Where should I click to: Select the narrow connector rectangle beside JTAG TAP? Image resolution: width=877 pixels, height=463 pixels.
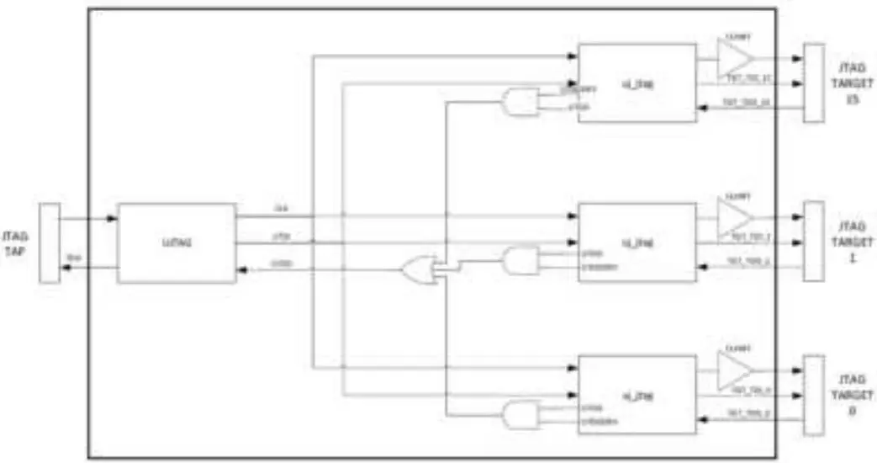(50, 243)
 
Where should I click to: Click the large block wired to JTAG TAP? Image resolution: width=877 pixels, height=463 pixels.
(176, 242)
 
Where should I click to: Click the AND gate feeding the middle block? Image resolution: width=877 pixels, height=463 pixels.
(520, 261)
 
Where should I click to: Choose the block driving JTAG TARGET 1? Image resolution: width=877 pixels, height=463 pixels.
(637, 242)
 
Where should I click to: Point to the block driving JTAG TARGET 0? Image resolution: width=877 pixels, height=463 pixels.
(637, 394)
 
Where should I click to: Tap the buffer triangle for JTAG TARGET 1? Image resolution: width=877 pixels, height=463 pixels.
(735, 216)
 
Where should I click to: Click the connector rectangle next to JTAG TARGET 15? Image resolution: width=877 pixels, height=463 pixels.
(813, 83)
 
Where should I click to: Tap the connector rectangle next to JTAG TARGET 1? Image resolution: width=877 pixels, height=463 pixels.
(813, 241)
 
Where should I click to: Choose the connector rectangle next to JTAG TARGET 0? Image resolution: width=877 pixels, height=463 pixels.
(813, 395)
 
